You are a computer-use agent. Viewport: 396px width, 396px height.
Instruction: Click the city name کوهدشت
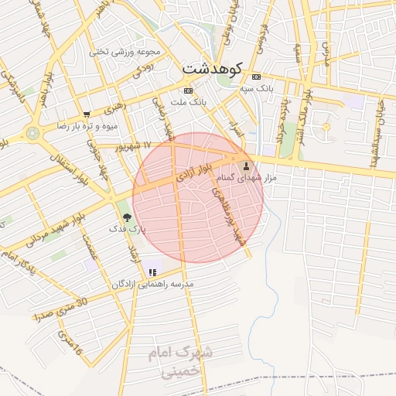click(x=212, y=69)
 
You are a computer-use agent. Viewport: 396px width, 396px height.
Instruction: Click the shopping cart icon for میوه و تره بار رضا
click(x=86, y=114)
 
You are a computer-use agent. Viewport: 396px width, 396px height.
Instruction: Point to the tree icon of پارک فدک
click(x=127, y=218)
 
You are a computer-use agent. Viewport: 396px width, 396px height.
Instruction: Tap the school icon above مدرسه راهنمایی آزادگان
click(x=152, y=272)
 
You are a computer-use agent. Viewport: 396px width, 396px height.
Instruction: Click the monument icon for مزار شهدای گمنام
click(x=247, y=166)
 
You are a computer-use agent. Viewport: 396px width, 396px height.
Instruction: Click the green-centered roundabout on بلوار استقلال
click(x=32, y=133)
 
